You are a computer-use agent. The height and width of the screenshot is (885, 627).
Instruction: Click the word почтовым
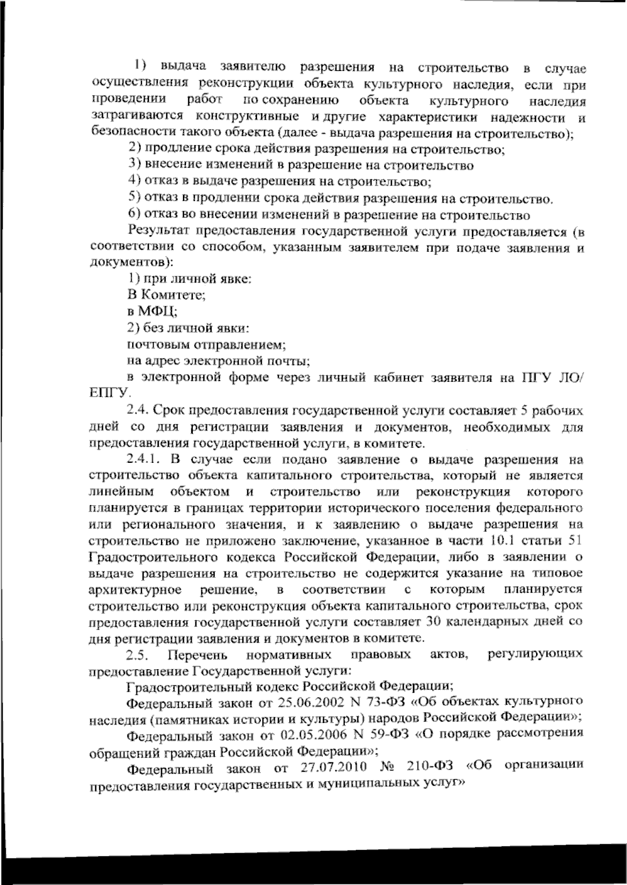[x=153, y=345]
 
